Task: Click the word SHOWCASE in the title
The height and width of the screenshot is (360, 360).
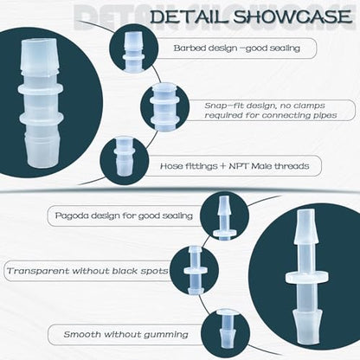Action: coord(292,16)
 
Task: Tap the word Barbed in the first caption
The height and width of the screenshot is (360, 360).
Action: coord(187,48)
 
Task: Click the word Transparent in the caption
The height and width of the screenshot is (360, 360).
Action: coord(38,271)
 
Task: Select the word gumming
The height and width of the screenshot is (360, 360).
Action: coord(166,335)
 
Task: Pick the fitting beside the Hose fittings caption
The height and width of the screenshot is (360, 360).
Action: coord(124,157)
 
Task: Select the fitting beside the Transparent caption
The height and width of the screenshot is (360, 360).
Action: coord(196,271)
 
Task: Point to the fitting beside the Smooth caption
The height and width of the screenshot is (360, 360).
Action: coord(226,328)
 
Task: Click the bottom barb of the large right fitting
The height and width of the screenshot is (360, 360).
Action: coord(306,325)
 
